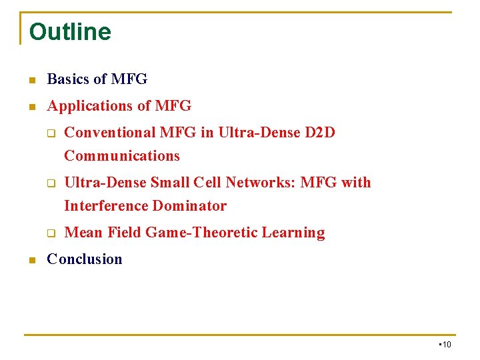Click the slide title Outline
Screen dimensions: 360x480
point(70,31)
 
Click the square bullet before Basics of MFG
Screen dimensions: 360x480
point(30,80)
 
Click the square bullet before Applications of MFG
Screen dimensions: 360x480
point(30,107)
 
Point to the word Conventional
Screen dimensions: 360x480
point(110,133)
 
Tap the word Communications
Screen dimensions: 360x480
point(122,156)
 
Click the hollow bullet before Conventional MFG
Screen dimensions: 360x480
point(50,133)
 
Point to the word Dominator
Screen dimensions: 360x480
point(189,206)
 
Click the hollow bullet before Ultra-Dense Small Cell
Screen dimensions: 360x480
point(50,183)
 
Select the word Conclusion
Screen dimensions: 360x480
point(85,259)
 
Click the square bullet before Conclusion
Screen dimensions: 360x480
point(30,260)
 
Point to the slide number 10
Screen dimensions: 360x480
point(447,345)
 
